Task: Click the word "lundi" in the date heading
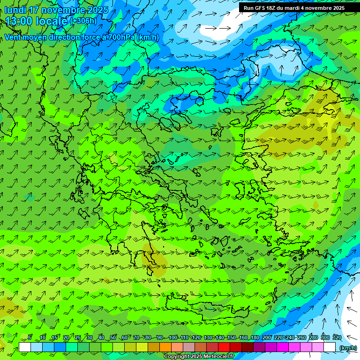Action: click(15, 10)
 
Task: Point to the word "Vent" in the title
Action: click(13, 37)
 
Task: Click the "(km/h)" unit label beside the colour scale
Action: click(348, 348)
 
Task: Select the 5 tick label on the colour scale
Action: click(30, 337)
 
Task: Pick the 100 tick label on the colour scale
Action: click(173, 337)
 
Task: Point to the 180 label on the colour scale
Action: click(255, 337)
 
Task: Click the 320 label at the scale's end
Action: click(337, 337)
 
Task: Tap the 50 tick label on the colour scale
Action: click(113, 337)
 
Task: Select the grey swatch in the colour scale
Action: click(189, 347)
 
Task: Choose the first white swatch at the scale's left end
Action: click(25, 347)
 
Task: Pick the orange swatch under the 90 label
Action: click(165, 347)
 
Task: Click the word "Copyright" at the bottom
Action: click(177, 357)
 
